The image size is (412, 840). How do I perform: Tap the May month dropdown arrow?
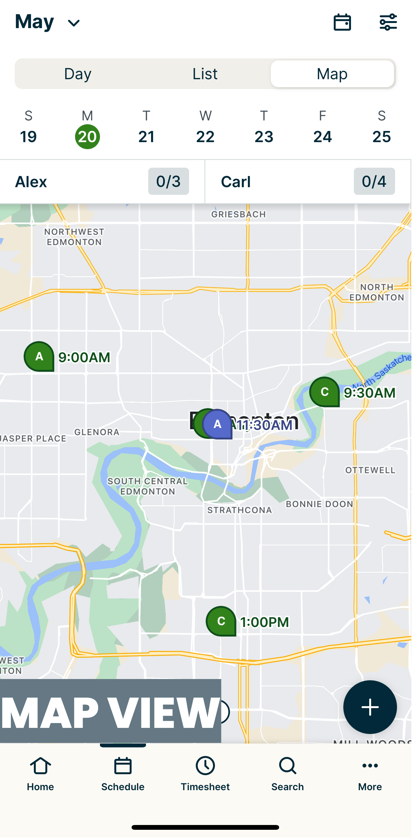(x=74, y=23)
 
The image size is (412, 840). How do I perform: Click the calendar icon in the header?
(x=342, y=22)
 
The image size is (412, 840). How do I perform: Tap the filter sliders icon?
(x=388, y=22)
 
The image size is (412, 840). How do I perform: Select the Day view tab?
(x=78, y=74)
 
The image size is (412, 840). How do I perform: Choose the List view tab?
(x=205, y=74)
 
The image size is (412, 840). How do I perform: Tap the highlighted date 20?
(x=88, y=136)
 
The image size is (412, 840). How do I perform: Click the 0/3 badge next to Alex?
(x=168, y=181)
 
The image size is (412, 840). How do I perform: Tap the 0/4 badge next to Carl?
(x=374, y=181)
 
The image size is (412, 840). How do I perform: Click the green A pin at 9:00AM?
(x=39, y=356)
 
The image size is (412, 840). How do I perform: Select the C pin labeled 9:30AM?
(x=324, y=392)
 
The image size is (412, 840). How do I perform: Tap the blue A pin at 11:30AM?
(x=217, y=424)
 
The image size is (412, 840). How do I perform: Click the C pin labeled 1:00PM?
(x=221, y=621)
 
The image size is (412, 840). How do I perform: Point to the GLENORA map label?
(x=97, y=432)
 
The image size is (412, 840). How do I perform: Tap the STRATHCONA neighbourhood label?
(x=240, y=510)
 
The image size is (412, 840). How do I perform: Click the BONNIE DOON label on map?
(x=319, y=504)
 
